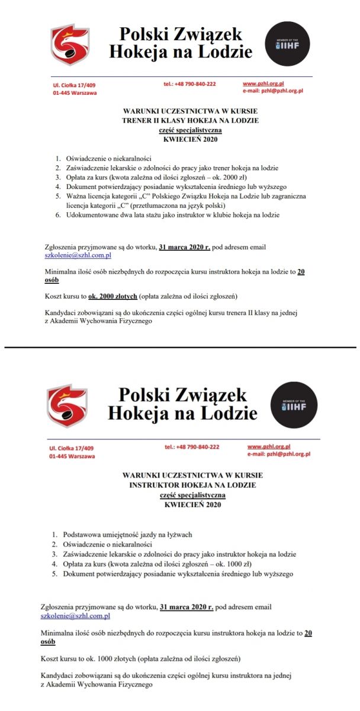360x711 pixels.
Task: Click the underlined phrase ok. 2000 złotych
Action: [113, 296]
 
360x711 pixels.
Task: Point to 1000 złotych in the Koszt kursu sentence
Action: [110, 658]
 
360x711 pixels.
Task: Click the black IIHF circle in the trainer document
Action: [287, 43]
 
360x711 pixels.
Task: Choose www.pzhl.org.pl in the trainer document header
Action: [263, 84]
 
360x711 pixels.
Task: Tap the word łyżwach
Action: [177, 534]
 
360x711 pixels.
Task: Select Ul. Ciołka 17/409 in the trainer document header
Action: [74, 85]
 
